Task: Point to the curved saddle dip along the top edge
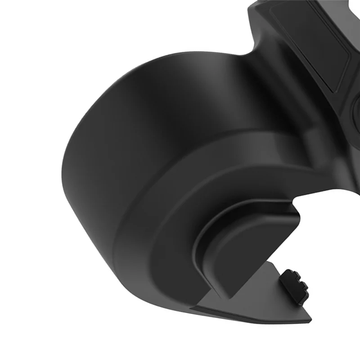click(x=252, y=54)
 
